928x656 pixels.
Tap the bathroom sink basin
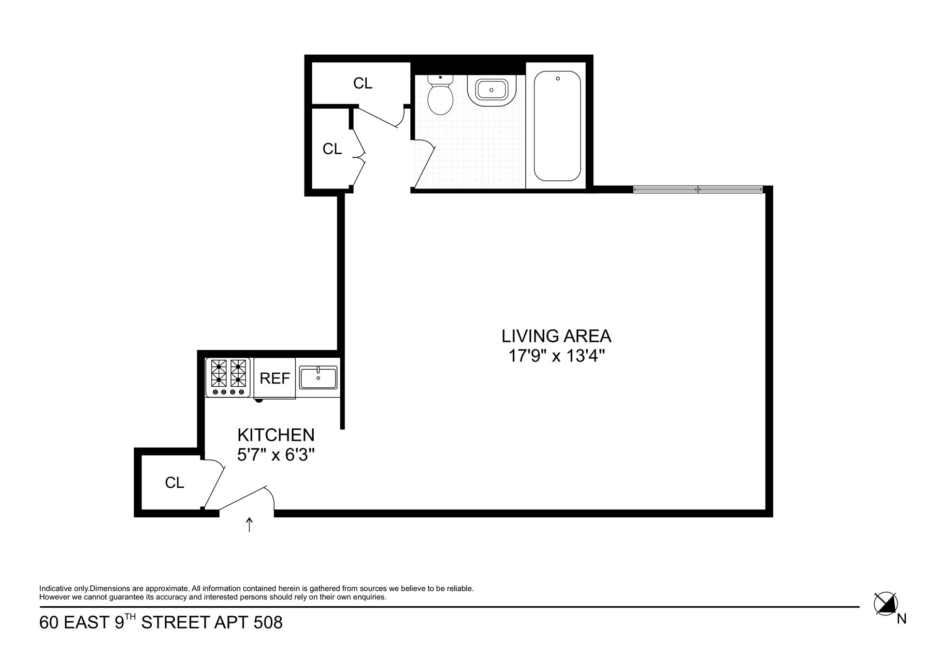(x=491, y=90)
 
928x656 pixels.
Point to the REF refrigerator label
(x=275, y=379)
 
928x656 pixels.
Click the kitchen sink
(x=318, y=378)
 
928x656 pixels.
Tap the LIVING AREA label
(x=556, y=336)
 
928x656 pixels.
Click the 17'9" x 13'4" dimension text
(x=556, y=357)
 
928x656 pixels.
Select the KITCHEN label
(x=275, y=435)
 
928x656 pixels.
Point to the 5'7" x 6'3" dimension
(x=275, y=455)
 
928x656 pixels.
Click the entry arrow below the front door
(x=249, y=525)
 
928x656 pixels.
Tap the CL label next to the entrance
(x=174, y=483)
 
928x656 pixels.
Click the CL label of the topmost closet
(x=362, y=84)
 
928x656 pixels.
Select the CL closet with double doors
(x=332, y=149)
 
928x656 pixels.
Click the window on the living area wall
(x=697, y=190)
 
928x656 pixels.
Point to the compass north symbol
(x=885, y=604)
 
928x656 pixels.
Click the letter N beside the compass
(x=901, y=619)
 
